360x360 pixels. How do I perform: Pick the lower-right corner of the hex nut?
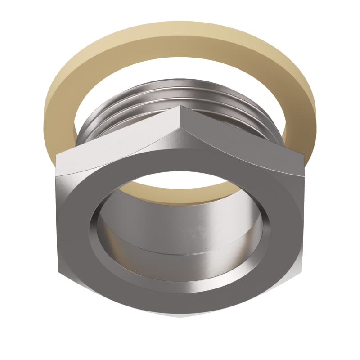[x=301, y=272]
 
